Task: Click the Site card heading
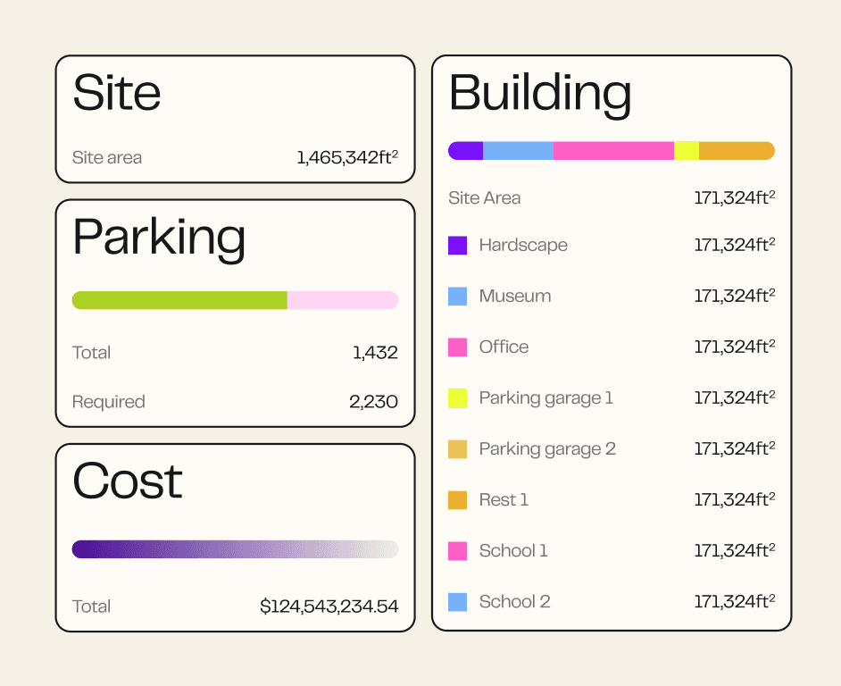pyautogui.click(x=116, y=93)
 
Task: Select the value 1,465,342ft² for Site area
pyautogui.click(x=347, y=157)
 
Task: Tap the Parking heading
pyautogui.click(x=159, y=238)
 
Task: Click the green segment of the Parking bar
pyautogui.click(x=179, y=301)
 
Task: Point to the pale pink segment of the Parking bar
pyautogui.click(x=343, y=301)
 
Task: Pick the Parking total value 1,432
pyautogui.click(x=376, y=353)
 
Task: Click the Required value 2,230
pyautogui.click(x=374, y=402)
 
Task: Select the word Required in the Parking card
pyautogui.click(x=108, y=402)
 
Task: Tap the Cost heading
pyautogui.click(x=127, y=481)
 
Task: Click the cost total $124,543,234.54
pyautogui.click(x=329, y=607)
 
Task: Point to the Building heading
pyautogui.click(x=540, y=94)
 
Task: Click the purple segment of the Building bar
pyautogui.click(x=465, y=151)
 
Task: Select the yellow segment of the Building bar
pyautogui.click(x=687, y=151)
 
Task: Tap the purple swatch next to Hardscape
pyautogui.click(x=457, y=246)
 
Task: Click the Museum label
pyautogui.click(x=515, y=297)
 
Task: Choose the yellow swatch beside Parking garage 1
pyautogui.click(x=457, y=398)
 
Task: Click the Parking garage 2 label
pyautogui.click(x=547, y=449)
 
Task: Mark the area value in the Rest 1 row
pyautogui.click(x=735, y=499)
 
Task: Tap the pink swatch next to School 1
pyautogui.click(x=457, y=551)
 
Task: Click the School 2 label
pyautogui.click(x=515, y=602)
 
